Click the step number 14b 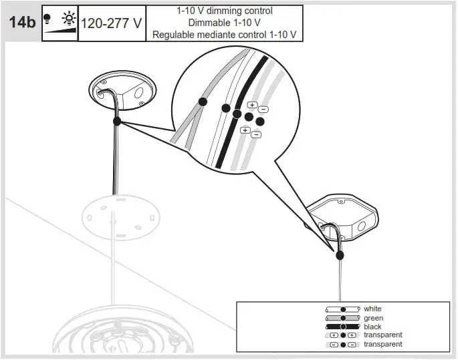[22, 23]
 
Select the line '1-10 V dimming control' [224, 11]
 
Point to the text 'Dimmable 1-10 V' [224, 23]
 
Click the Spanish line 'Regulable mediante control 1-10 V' [224, 34]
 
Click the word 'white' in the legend [372, 309]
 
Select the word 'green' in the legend [373, 319]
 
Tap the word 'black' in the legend [372, 327]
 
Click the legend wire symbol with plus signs [342, 335]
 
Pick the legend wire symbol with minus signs [342, 345]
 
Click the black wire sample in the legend [342, 327]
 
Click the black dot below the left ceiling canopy [117, 122]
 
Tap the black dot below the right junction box [340, 254]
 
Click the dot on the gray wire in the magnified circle [202, 102]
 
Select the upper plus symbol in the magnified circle [252, 105]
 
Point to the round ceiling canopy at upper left [122, 91]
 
